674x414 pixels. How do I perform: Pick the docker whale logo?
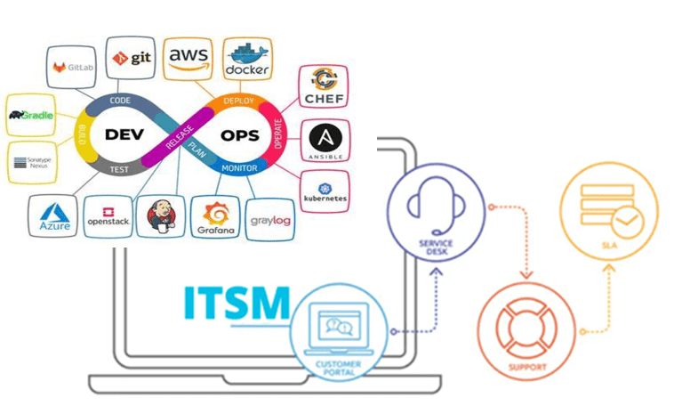246,57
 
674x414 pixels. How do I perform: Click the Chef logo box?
323,88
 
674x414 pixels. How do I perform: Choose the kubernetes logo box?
325,190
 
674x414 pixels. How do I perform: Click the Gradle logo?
31,115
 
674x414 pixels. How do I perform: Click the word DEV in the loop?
124,135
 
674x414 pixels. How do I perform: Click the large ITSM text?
237,304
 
